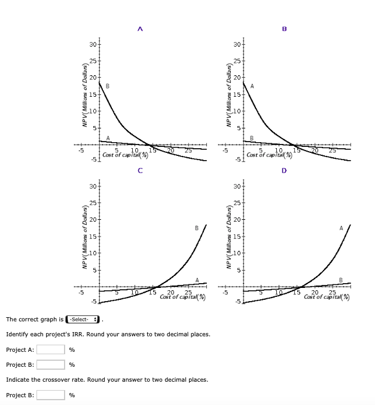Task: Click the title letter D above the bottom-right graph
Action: [x=284, y=170]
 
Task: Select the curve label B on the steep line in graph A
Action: [x=108, y=87]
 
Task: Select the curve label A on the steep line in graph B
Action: [x=252, y=86]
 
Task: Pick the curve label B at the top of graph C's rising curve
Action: [x=197, y=229]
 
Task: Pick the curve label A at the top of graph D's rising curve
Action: [x=342, y=228]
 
